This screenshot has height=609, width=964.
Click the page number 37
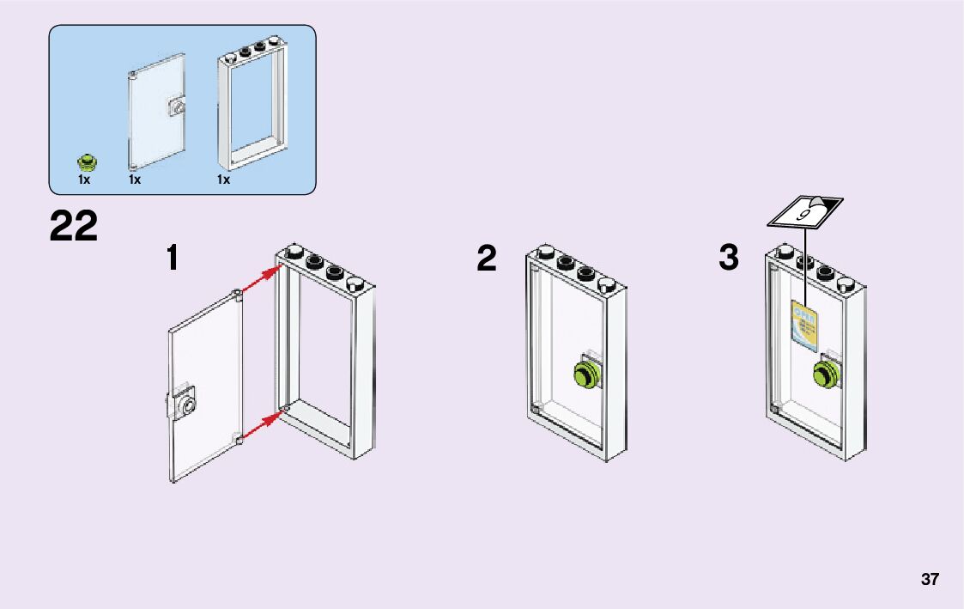[x=930, y=579]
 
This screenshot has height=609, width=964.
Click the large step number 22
[x=74, y=227]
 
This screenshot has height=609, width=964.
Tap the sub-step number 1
[x=173, y=258]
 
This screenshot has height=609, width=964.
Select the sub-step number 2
[x=487, y=258]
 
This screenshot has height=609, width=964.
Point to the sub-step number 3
[x=728, y=258]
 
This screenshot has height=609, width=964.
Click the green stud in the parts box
[x=86, y=161]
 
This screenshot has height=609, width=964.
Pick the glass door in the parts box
[x=155, y=112]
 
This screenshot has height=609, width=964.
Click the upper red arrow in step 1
[x=261, y=281]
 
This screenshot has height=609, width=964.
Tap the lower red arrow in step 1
[x=261, y=427]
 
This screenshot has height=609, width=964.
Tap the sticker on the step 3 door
[x=804, y=327]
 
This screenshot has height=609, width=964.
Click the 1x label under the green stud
[x=84, y=180]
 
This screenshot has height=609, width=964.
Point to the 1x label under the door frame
[x=224, y=180]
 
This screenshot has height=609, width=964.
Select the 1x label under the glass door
[x=135, y=180]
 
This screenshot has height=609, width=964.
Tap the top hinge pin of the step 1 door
[x=237, y=295]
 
